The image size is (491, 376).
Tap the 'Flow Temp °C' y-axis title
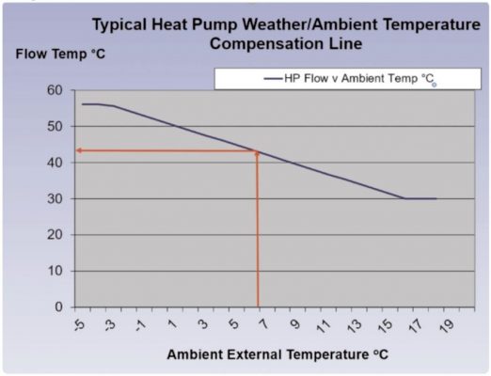pos(60,53)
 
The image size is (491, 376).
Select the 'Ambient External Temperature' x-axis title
pos(277,354)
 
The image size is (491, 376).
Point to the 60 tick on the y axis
pos(55,90)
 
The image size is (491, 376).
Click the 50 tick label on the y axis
pos(55,126)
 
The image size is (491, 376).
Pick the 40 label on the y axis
pos(55,163)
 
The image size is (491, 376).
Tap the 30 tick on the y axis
pos(55,198)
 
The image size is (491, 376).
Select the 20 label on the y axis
pos(55,235)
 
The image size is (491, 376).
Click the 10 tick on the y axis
pos(55,271)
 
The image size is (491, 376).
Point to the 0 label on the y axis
pos(58,306)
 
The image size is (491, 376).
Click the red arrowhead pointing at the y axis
pos(79,150)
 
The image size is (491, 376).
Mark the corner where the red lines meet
pos(257,150)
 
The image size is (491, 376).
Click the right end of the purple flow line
pos(436,198)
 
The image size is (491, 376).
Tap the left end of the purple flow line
pos(83,104)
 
